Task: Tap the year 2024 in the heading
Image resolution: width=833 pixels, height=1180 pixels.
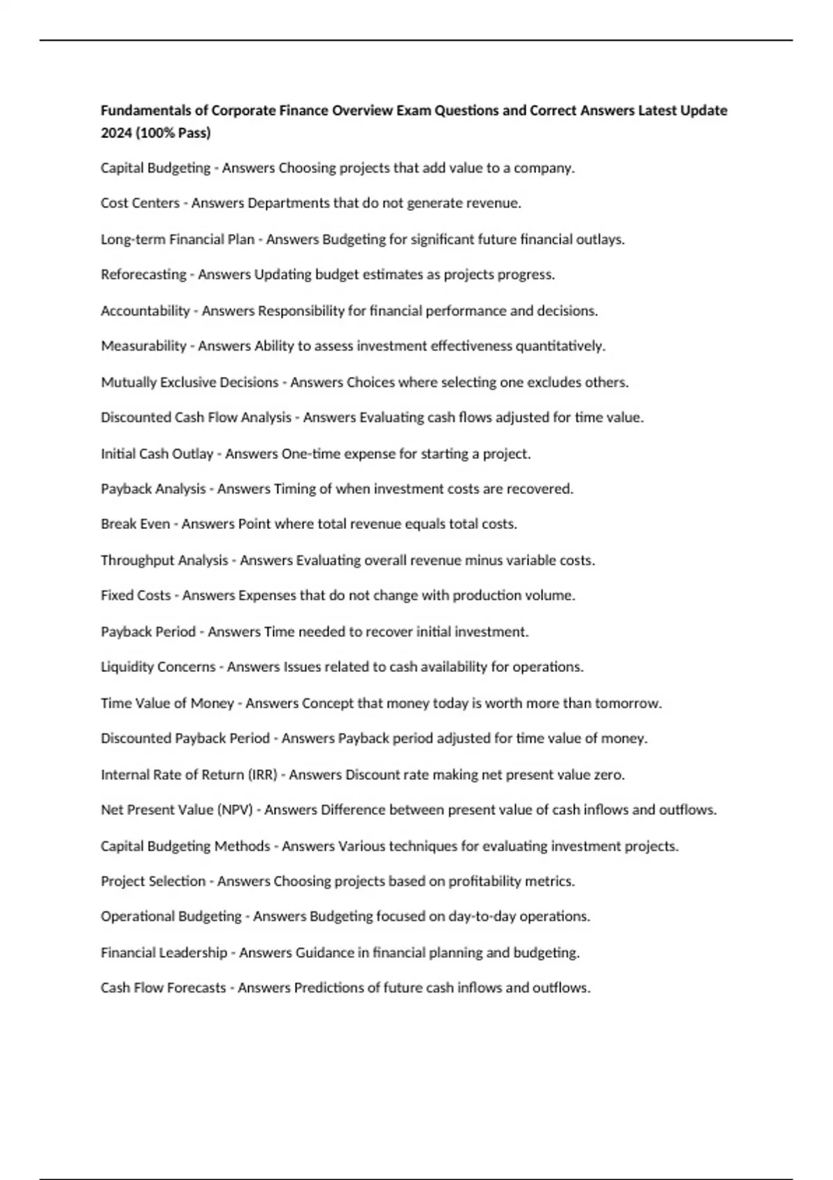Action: (116, 133)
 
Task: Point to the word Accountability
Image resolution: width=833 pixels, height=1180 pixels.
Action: (145, 311)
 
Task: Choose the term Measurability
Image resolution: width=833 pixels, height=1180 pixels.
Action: (144, 346)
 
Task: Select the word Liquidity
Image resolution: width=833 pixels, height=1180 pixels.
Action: (127, 667)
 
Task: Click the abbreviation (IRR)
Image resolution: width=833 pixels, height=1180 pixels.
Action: (262, 775)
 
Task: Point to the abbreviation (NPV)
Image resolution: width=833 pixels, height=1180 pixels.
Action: (235, 810)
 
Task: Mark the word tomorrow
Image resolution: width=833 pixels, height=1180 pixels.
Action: (629, 703)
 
